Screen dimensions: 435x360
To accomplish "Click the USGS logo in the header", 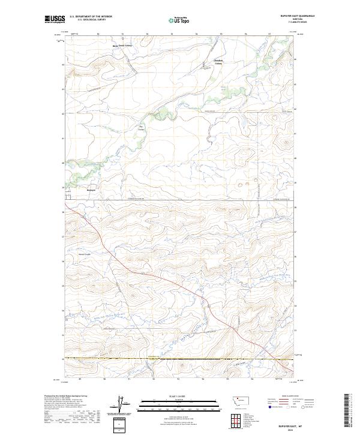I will (54, 20).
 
